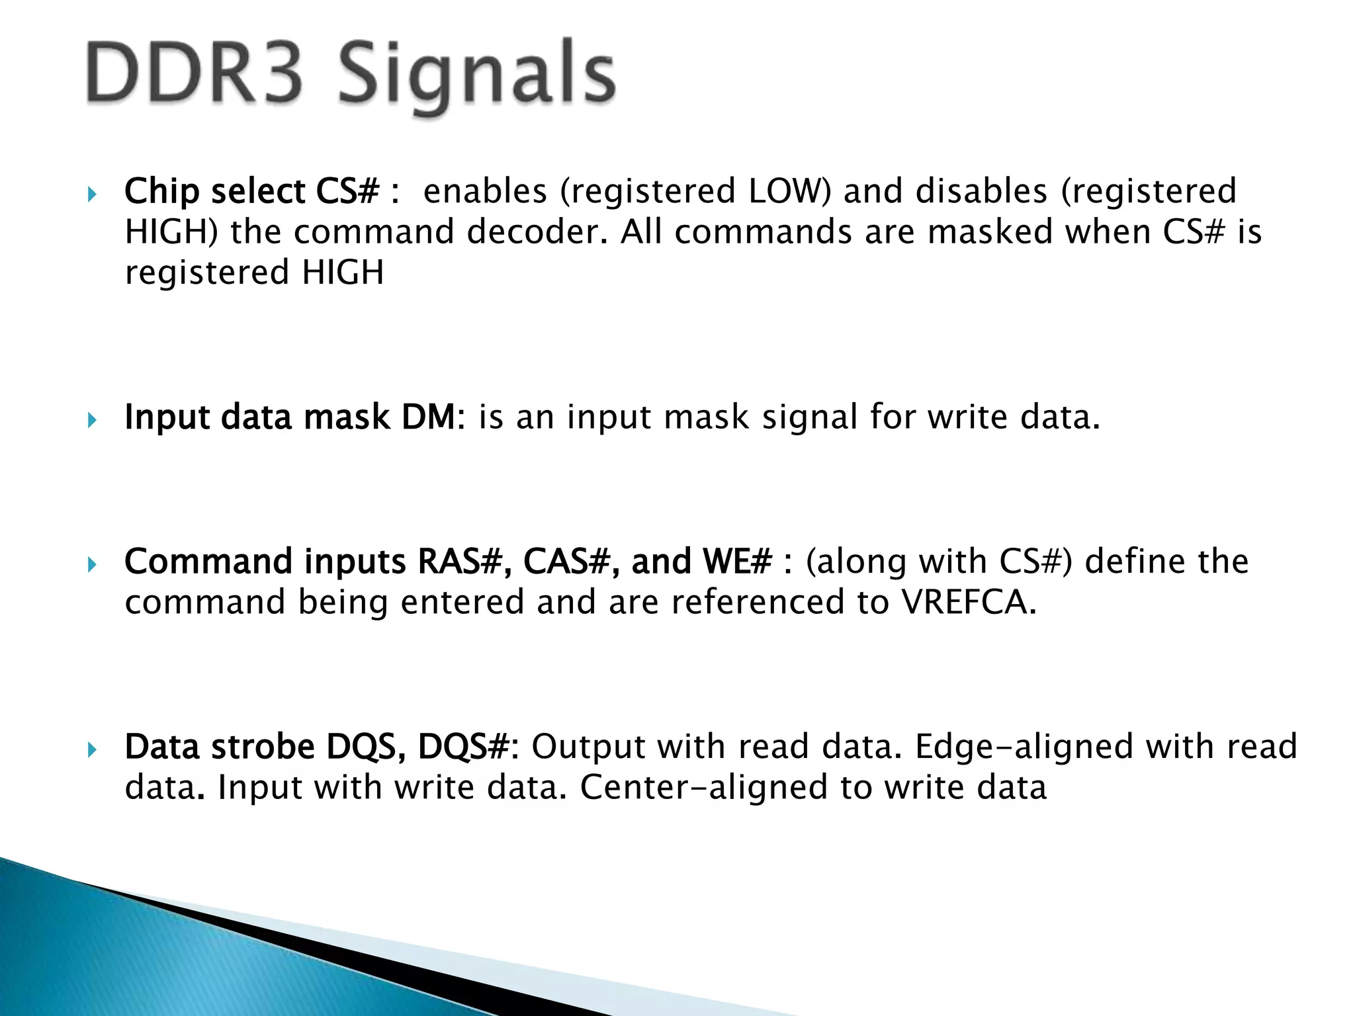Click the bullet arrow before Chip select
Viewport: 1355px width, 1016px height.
pyautogui.click(x=92, y=194)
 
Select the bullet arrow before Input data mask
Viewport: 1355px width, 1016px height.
pyautogui.click(x=92, y=420)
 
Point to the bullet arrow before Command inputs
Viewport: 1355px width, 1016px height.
pyautogui.click(x=92, y=565)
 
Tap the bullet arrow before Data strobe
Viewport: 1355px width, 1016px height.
pyautogui.click(x=92, y=749)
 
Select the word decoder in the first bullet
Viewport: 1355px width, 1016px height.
pyautogui.click(x=537, y=232)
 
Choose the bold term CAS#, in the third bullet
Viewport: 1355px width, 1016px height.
pyautogui.click(x=572, y=562)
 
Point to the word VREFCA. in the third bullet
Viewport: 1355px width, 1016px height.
pyautogui.click(x=968, y=603)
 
